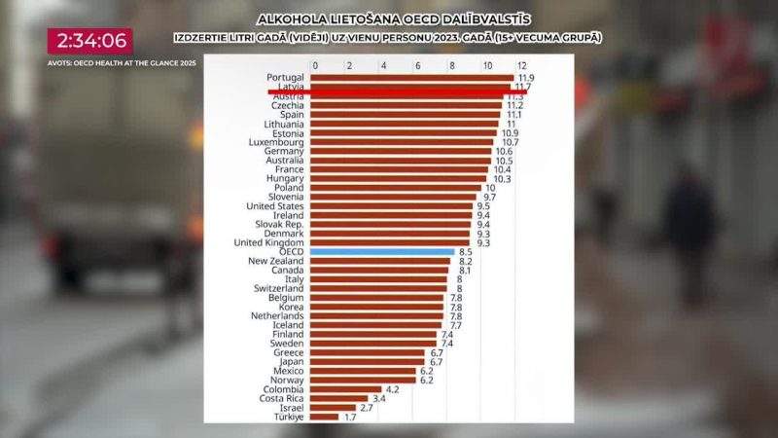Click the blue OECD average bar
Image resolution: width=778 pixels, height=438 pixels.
pyautogui.click(x=382, y=251)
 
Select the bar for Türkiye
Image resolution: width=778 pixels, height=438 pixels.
pyautogui.click(x=325, y=417)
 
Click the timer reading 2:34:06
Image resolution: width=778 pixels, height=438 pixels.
pyautogui.click(x=90, y=41)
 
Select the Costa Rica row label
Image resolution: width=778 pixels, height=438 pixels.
pyautogui.click(x=281, y=398)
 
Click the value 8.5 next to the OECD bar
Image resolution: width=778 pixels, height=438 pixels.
pyautogui.click(x=466, y=251)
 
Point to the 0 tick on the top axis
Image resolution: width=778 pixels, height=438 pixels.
pyautogui.click(x=314, y=65)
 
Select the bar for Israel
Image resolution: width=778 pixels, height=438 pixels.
pyautogui.click(x=334, y=407)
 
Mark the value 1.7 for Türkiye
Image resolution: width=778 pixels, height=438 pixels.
pyautogui.click(x=349, y=417)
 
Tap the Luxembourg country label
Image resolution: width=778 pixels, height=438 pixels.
pyautogui.click(x=277, y=142)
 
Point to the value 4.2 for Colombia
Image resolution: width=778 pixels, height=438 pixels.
pyautogui.click(x=393, y=388)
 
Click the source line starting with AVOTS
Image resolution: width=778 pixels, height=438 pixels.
pyautogui.click(x=122, y=63)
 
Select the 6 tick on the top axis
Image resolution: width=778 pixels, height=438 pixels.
pyautogui.click(x=417, y=65)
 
